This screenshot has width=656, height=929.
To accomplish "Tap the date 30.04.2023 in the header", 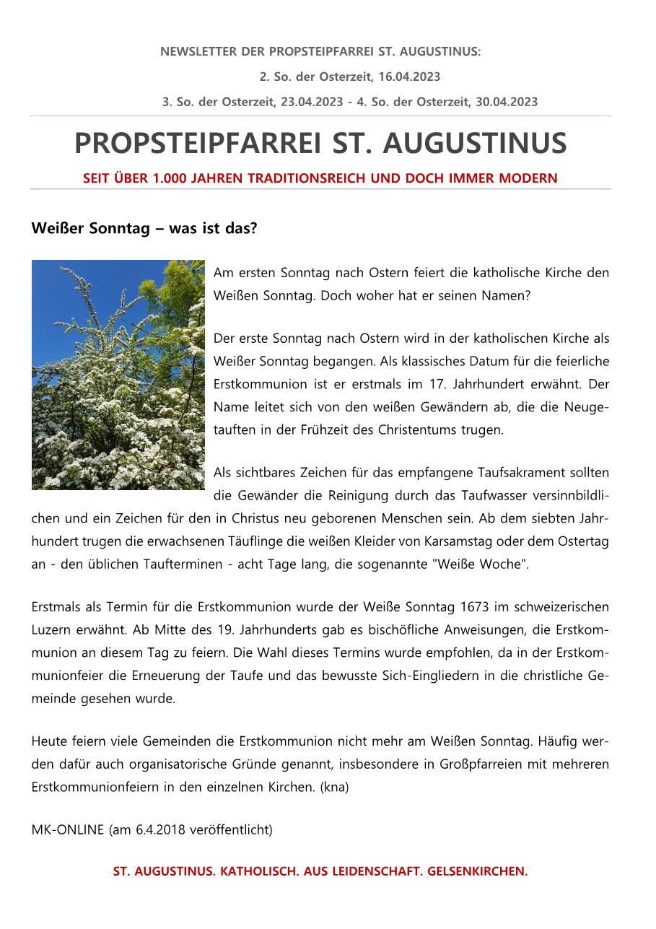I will click(x=507, y=102).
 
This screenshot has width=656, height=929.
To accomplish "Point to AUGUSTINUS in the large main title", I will click(x=474, y=144).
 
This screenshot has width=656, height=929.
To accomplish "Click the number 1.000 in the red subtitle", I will click(x=170, y=178).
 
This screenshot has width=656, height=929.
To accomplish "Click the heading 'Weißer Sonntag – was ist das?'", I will click(x=144, y=229).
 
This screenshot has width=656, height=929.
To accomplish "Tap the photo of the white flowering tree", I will click(x=118, y=375).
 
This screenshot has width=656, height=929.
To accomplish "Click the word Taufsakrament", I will click(x=522, y=473).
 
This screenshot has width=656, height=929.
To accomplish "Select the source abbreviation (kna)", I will click(x=334, y=787).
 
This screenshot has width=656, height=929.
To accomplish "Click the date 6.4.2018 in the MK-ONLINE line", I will click(x=160, y=829).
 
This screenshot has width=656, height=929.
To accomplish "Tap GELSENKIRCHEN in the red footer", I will click(x=477, y=871).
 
